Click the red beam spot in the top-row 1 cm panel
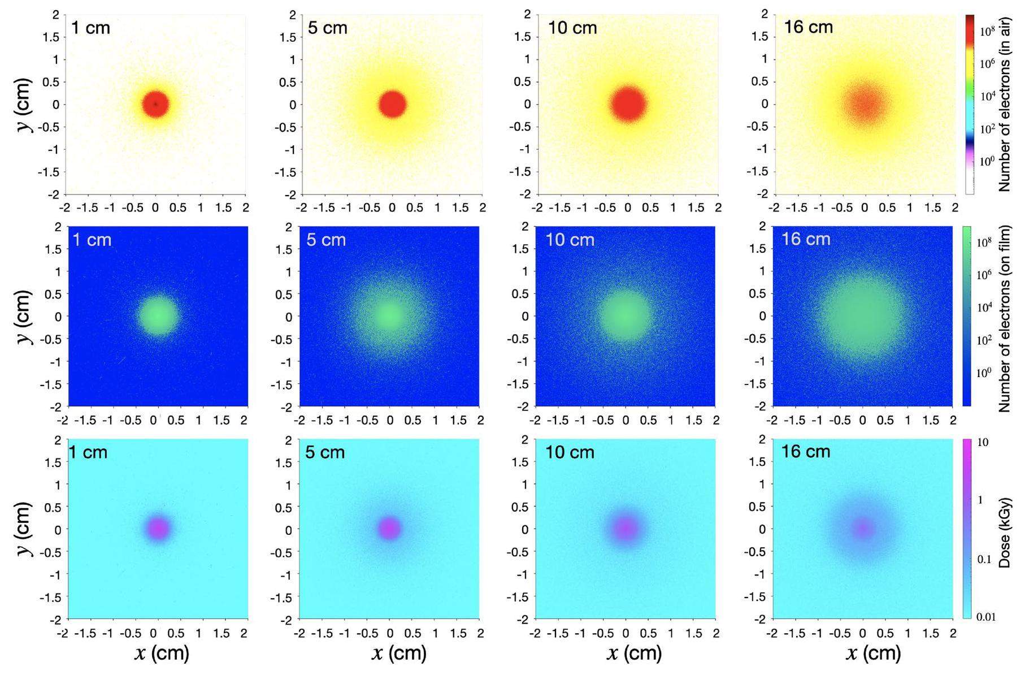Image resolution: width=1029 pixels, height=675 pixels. coord(155,104)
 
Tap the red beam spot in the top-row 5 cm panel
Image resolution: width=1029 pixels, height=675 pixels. coord(392,104)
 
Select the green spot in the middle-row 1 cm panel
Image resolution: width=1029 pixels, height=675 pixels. coord(158,316)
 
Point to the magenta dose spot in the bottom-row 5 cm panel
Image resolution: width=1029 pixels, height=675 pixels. coord(389,529)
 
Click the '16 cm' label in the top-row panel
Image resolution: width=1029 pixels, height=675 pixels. coord(808,27)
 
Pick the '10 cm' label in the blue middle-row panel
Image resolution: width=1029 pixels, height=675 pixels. coord(570,240)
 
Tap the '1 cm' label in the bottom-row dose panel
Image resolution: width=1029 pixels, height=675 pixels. coord(88,452)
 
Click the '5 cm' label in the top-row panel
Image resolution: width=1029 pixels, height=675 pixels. coord(327,28)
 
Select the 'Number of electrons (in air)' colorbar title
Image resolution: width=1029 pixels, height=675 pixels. coord(1004,104)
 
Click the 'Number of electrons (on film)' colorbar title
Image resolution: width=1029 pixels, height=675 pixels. coord(1004,318)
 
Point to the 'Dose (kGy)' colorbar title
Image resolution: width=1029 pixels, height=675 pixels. coord(1004,533)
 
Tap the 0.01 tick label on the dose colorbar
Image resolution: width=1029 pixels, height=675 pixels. coord(986,616)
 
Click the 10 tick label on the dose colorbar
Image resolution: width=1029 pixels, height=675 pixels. coord(983,442)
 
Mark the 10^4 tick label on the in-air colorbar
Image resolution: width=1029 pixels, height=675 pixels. coord(987,96)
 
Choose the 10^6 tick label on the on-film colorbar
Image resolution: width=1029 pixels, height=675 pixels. coord(984,275)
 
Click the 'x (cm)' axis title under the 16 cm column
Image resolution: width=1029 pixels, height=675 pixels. coord(873,654)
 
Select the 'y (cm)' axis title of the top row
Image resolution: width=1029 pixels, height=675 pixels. coord(25,104)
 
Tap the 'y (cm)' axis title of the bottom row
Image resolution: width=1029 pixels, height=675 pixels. coord(25,529)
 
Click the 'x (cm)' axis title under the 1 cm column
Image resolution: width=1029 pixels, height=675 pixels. coord(162,654)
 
